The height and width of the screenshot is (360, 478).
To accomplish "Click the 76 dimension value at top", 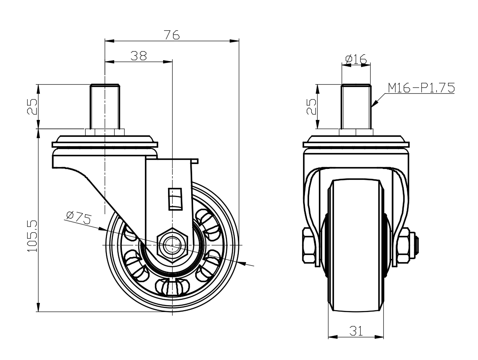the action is (x=172, y=35).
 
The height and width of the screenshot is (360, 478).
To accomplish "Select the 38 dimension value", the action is (x=139, y=56).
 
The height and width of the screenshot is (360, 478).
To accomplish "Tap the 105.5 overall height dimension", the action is (x=32, y=236).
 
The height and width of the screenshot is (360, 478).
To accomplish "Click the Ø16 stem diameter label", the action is (x=356, y=58).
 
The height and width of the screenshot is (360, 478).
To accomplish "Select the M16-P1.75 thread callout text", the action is (x=421, y=88).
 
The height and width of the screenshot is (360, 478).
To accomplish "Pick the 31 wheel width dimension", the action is (x=356, y=331).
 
